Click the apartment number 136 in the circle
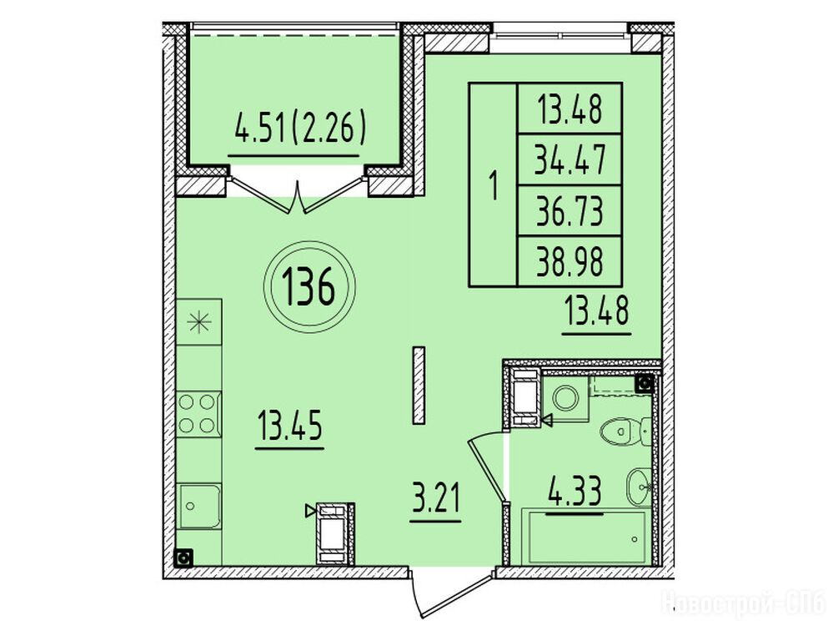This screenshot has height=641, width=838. (309, 286)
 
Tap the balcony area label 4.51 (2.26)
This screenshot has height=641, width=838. (301, 128)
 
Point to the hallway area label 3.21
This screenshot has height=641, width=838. (435, 497)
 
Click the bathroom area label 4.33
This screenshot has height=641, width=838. (575, 490)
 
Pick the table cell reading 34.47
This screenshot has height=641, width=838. (570, 159)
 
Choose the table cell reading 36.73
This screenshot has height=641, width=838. (570, 211)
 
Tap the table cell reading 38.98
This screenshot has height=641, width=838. (570, 261)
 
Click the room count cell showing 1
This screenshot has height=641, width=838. (494, 185)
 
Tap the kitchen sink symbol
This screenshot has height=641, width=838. (198, 507)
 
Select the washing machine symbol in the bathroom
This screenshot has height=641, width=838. (565, 396)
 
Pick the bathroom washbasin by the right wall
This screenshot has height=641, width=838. (639, 487)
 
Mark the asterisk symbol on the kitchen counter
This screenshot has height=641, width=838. (198, 321)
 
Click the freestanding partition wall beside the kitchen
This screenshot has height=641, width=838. (419, 386)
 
